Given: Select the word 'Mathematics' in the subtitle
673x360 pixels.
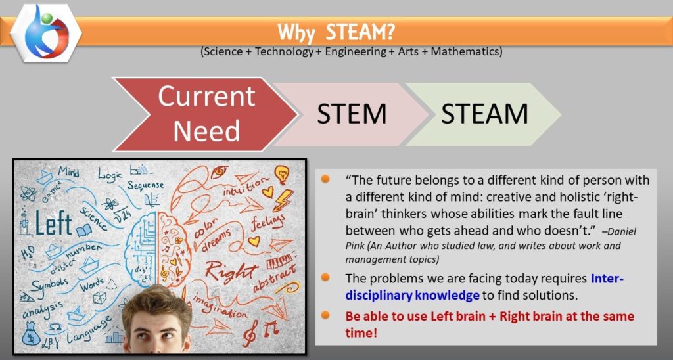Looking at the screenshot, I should (x=471, y=51).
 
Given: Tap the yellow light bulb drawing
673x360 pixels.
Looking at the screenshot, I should (x=283, y=173).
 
